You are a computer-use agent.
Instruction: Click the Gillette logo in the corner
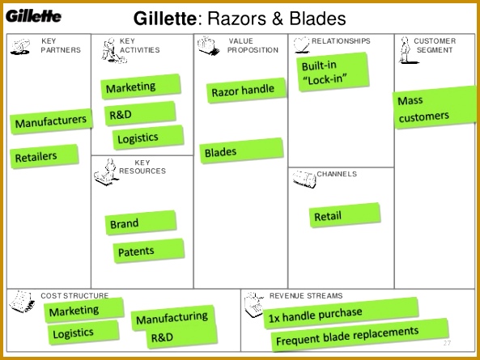(33, 16)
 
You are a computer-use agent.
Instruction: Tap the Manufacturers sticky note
(51, 121)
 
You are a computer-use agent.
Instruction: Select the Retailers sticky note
(44, 156)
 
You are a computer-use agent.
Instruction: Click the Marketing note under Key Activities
(141, 87)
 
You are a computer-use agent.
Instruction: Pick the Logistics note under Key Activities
(148, 138)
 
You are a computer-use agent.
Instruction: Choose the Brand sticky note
(141, 222)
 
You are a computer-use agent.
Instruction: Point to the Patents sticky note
(149, 251)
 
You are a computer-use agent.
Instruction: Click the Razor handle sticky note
(246, 91)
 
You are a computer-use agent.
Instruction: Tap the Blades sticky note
(241, 150)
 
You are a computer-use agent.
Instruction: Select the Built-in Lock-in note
(333, 72)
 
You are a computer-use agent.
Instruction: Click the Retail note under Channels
(345, 215)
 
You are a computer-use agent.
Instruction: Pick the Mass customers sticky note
(435, 108)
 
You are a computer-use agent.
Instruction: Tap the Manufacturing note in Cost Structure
(172, 317)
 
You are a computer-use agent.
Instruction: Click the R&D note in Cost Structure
(182, 337)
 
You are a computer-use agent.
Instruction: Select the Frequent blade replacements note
(360, 335)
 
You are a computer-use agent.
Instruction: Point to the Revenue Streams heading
(306, 296)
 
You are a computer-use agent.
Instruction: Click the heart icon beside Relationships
(302, 44)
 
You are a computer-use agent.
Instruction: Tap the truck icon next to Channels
(304, 180)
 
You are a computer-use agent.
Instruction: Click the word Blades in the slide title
(318, 19)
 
